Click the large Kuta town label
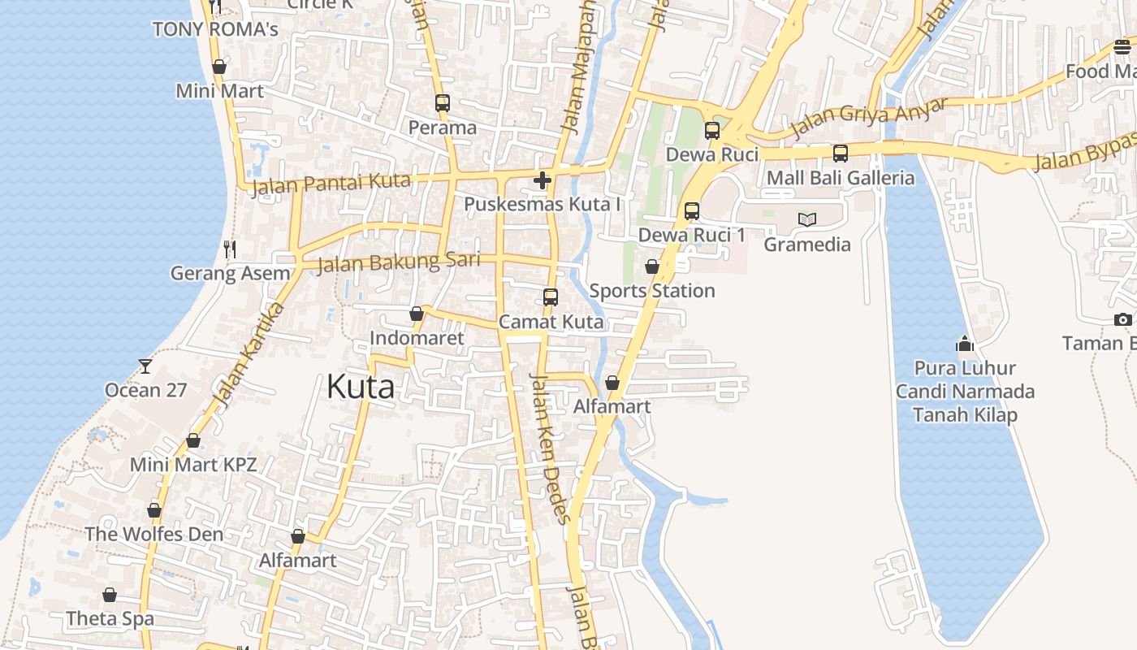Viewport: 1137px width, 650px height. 361,387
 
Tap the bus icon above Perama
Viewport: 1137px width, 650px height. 442,103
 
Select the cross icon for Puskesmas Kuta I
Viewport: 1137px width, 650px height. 543,180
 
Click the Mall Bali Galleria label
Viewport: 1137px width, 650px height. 841,178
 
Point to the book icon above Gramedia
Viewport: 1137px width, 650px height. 806,219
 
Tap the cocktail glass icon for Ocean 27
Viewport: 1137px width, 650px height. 145,366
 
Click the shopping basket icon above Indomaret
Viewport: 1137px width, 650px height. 417,314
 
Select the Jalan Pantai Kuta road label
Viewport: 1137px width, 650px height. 331,184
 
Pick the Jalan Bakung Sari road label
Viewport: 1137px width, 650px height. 398,262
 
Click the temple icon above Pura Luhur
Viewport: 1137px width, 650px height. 965,344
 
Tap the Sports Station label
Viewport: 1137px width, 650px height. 652,291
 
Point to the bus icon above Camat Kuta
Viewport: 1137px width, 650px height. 551,297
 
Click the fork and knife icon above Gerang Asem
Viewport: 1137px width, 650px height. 230,249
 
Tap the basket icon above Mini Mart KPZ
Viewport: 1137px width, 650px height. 193,440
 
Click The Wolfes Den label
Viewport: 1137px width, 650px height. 154,535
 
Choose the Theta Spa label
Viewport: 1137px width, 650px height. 110,618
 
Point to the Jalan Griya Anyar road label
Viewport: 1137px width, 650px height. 869,118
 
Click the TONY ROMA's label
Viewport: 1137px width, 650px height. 215,29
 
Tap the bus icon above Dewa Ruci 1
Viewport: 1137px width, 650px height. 691,211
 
